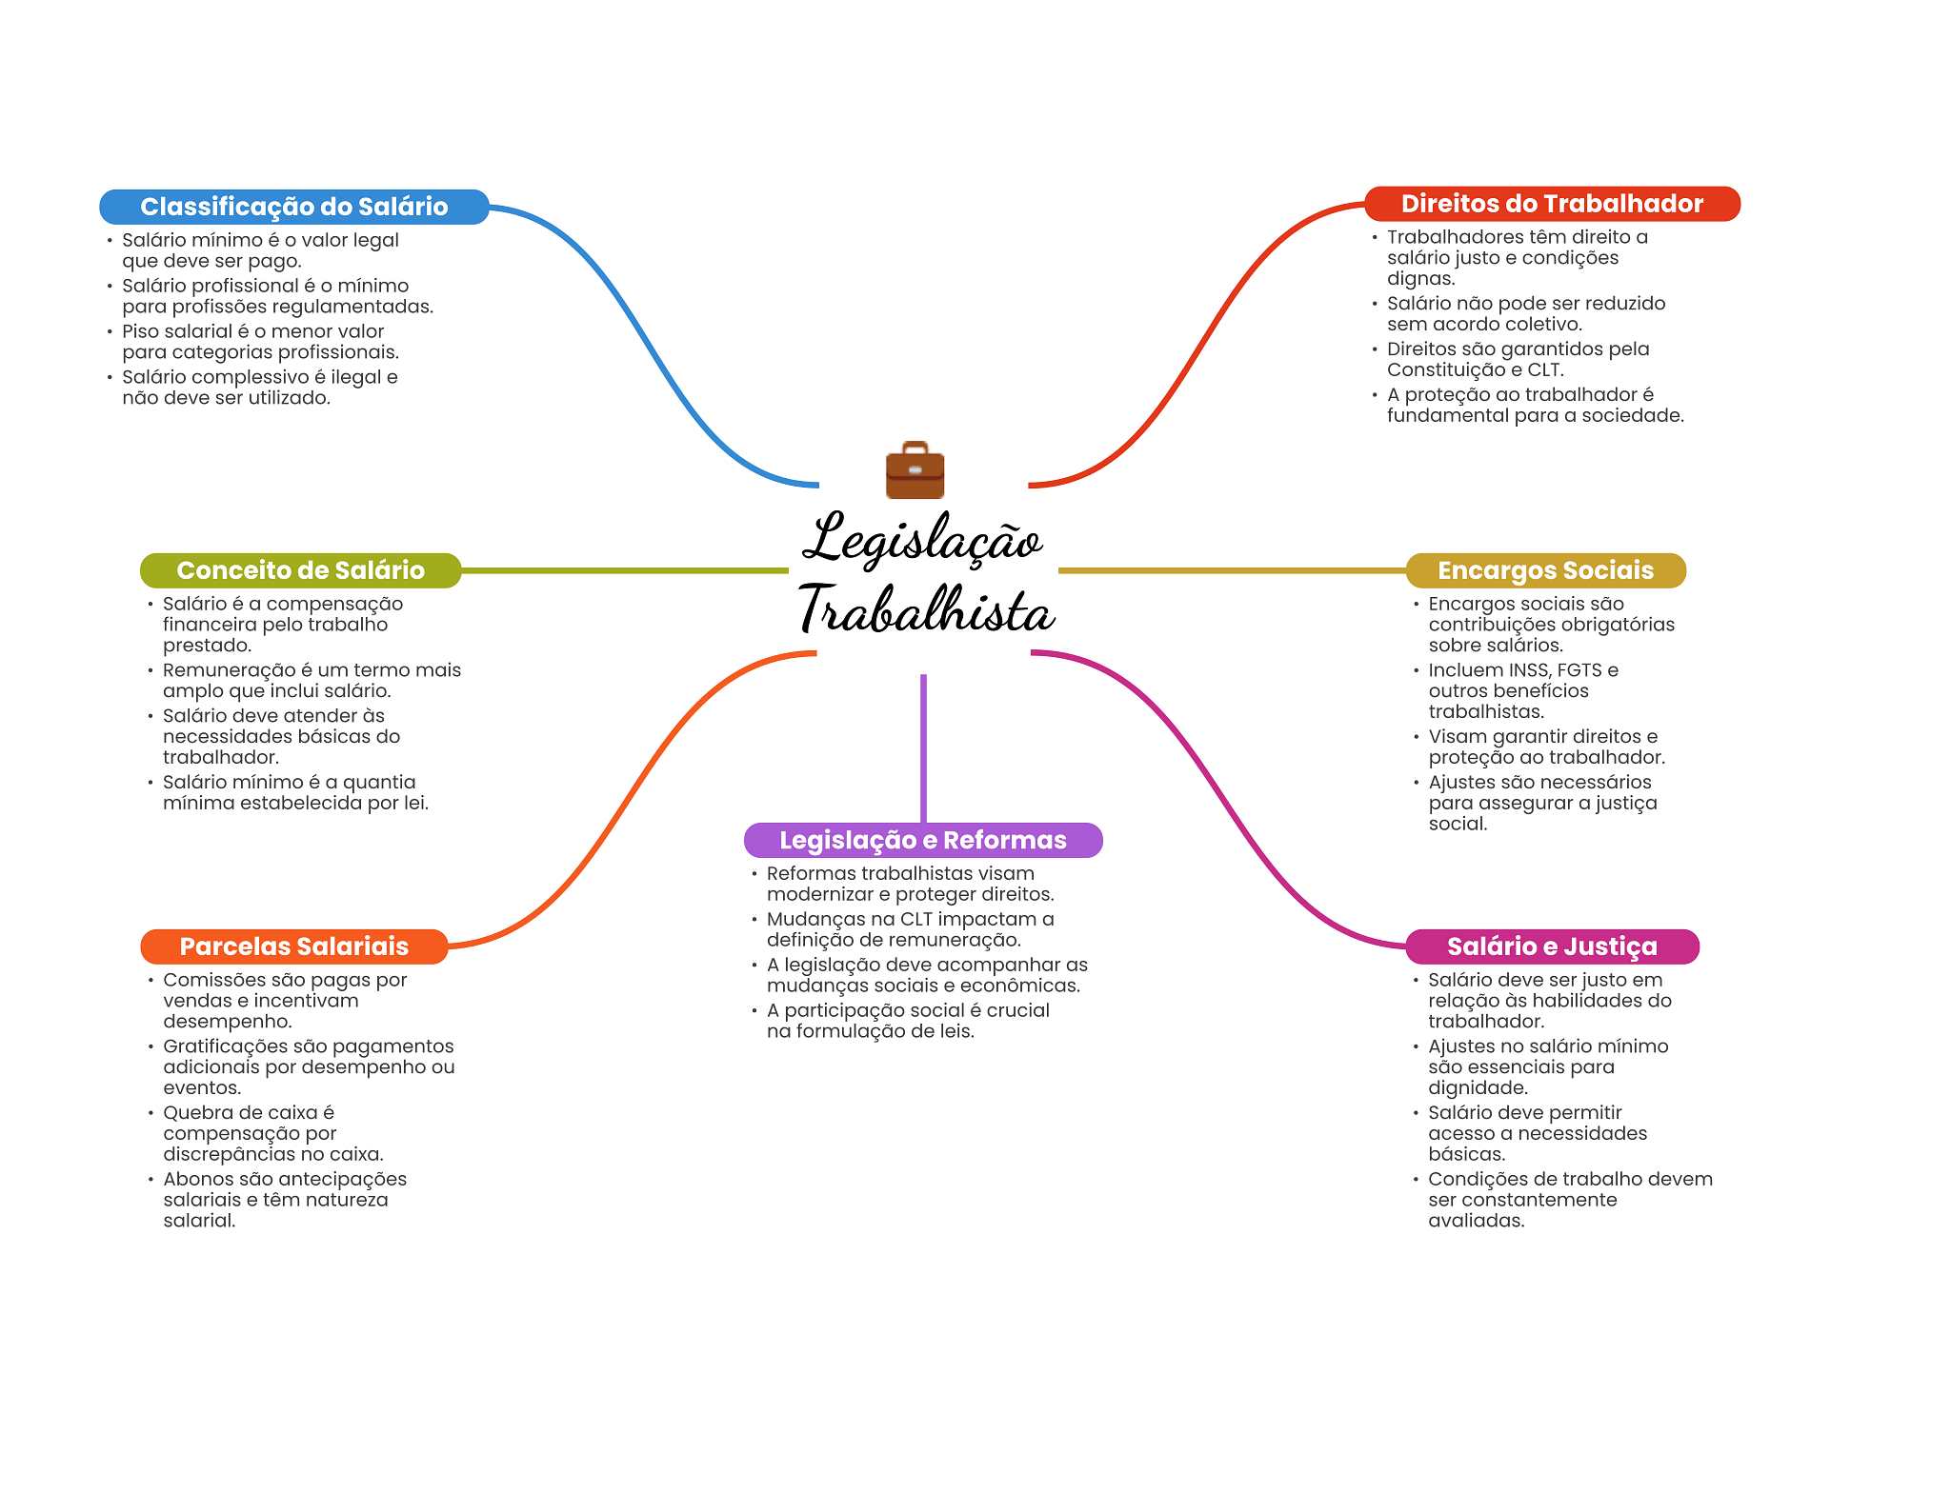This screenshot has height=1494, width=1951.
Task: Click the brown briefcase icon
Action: [915, 470]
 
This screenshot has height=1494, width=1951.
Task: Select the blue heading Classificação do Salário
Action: [293, 207]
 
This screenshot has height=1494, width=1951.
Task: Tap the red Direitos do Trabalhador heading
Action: [1551, 204]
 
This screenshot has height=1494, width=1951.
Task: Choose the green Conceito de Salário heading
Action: [300, 570]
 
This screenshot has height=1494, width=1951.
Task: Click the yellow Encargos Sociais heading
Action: [1544, 570]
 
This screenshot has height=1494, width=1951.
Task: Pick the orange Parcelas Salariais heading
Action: [293, 946]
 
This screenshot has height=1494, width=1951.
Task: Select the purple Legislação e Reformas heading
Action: [922, 840]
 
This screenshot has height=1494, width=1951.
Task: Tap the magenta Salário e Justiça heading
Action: [1551, 946]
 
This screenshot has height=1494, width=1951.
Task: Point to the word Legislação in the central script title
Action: [922, 539]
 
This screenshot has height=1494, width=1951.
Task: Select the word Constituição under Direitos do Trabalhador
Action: [1442, 369]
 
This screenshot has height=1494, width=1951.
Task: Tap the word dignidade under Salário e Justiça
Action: [1477, 1088]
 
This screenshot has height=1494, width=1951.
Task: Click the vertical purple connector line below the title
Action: [923, 747]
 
